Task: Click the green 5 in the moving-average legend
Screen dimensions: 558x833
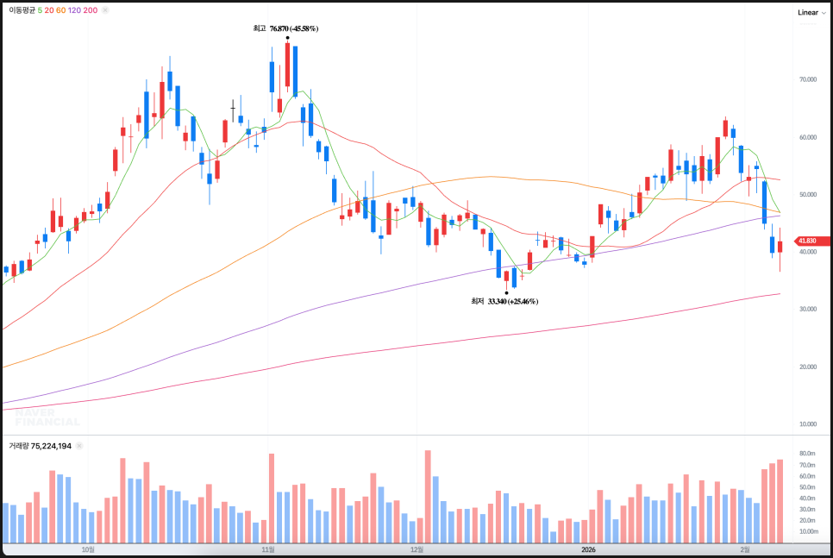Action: point(41,10)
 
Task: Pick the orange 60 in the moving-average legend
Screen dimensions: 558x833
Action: point(60,10)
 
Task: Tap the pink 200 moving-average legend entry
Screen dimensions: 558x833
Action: point(91,10)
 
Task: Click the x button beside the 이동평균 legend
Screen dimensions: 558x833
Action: point(105,10)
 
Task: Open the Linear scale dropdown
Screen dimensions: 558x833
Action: point(811,12)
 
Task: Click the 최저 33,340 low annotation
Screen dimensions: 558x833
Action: point(504,301)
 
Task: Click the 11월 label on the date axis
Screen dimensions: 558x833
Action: point(269,549)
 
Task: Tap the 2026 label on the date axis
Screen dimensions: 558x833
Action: point(588,549)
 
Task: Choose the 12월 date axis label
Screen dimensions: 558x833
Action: point(417,549)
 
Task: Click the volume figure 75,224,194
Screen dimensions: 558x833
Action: point(52,446)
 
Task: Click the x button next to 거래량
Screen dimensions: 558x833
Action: point(79,446)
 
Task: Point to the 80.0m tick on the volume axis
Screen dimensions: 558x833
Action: point(808,453)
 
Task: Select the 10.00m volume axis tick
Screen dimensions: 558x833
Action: point(808,531)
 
